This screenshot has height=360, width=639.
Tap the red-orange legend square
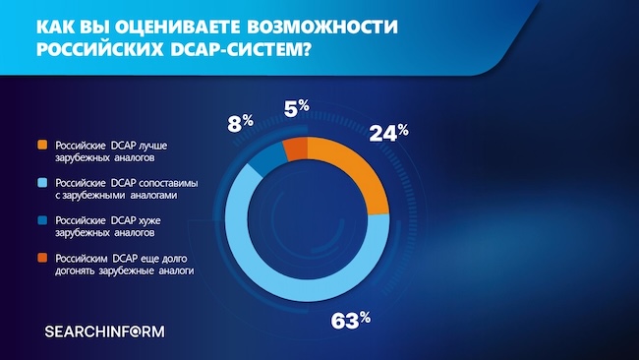pyautogui.click(x=39, y=256)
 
